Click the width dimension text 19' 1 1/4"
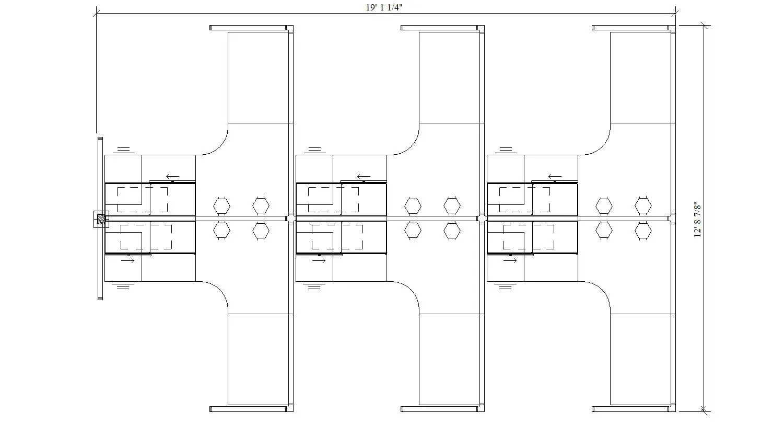(x=384, y=7)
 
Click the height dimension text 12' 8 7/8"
(x=697, y=220)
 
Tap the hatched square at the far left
(x=101, y=219)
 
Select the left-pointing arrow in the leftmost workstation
(x=172, y=177)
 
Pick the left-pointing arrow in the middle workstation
(x=364, y=177)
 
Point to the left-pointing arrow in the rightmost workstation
(x=555, y=177)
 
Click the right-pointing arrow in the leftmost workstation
(x=127, y=260)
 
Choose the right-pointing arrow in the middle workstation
(x=319, y=260)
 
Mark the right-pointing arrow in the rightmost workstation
(x=510, y=260)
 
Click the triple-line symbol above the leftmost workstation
(x=124, y=150)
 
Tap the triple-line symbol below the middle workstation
(x=314, y=286)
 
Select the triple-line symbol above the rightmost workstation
(x=506, y=150)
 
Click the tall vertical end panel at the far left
(x=100, y=219)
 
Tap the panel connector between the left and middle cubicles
(x=291, y=219)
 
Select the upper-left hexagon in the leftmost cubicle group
(x=221, y=206)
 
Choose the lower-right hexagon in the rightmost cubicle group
(x=643, y=231)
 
